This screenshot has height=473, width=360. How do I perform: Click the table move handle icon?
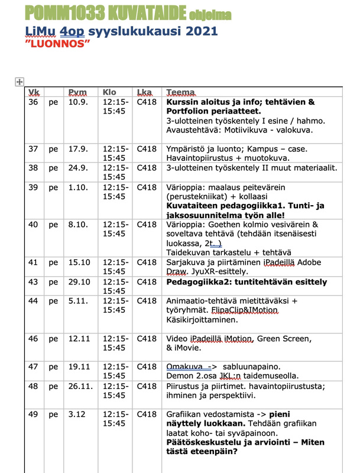pos(18,82)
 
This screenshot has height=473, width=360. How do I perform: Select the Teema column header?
pos(181,92)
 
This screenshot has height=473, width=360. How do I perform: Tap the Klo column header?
pos(110,92)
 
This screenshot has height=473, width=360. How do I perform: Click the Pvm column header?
pos(77,92)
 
